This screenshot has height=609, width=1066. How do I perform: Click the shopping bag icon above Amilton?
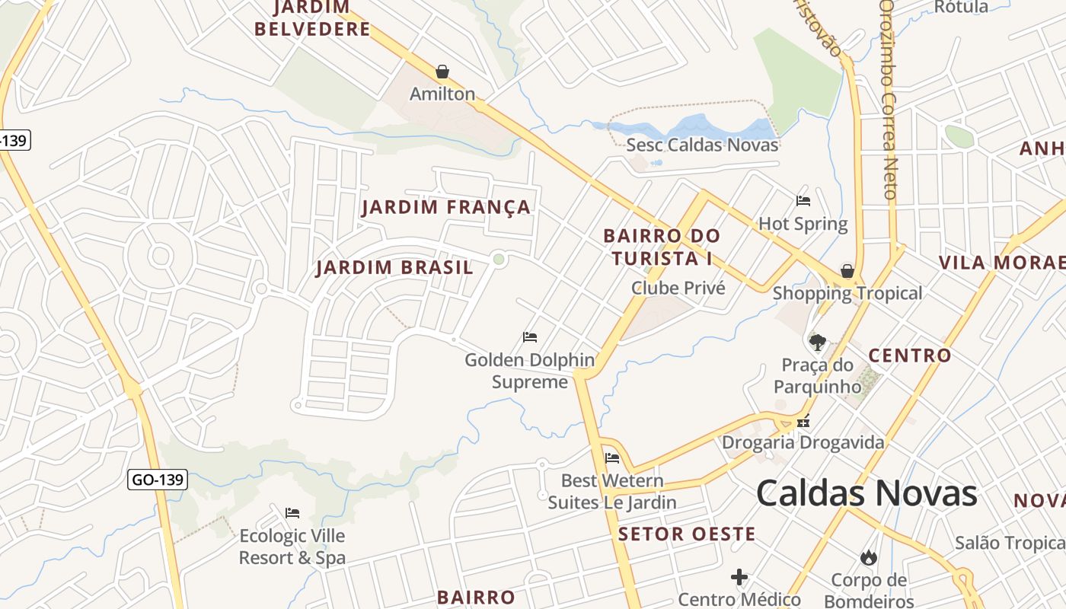(x=442, y=72)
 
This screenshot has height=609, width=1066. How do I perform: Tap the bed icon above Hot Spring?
(x=803, y=201)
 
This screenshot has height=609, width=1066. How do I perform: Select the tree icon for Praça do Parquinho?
(x=818, y=343)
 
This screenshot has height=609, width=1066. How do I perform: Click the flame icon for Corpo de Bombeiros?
(x=868, y=558)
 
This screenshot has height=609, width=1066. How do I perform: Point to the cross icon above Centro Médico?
(x=739, y=577)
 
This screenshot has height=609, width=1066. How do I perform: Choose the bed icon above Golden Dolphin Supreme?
(x=530, y=336)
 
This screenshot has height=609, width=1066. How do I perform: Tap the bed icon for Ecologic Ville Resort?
(x=292, y=512)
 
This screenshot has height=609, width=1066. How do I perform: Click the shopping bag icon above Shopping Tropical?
(x=847, y=271)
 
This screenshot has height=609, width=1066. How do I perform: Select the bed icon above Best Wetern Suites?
(x=612, y=458)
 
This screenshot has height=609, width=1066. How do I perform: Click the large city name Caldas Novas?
(x=867, y=493)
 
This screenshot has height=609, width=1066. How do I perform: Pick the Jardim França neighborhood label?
(x=445, y=207)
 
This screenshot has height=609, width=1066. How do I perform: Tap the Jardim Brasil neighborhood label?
(x=394, y=268)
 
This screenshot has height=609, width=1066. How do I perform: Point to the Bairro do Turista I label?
(x=661, y=247)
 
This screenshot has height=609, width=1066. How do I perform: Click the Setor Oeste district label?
(x=687, y=534)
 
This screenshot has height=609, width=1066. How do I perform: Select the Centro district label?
(x=910, y=356)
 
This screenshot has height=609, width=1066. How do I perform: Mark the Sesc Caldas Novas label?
(x=702, y=145)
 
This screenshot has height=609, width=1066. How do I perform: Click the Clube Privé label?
(x=678, y=289)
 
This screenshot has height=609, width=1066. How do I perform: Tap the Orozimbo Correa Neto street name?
(x=889, y=99)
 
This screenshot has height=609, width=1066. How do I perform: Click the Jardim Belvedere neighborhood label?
(x=312, y=19)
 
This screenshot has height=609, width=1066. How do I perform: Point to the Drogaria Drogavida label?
(x=803, y=442)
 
